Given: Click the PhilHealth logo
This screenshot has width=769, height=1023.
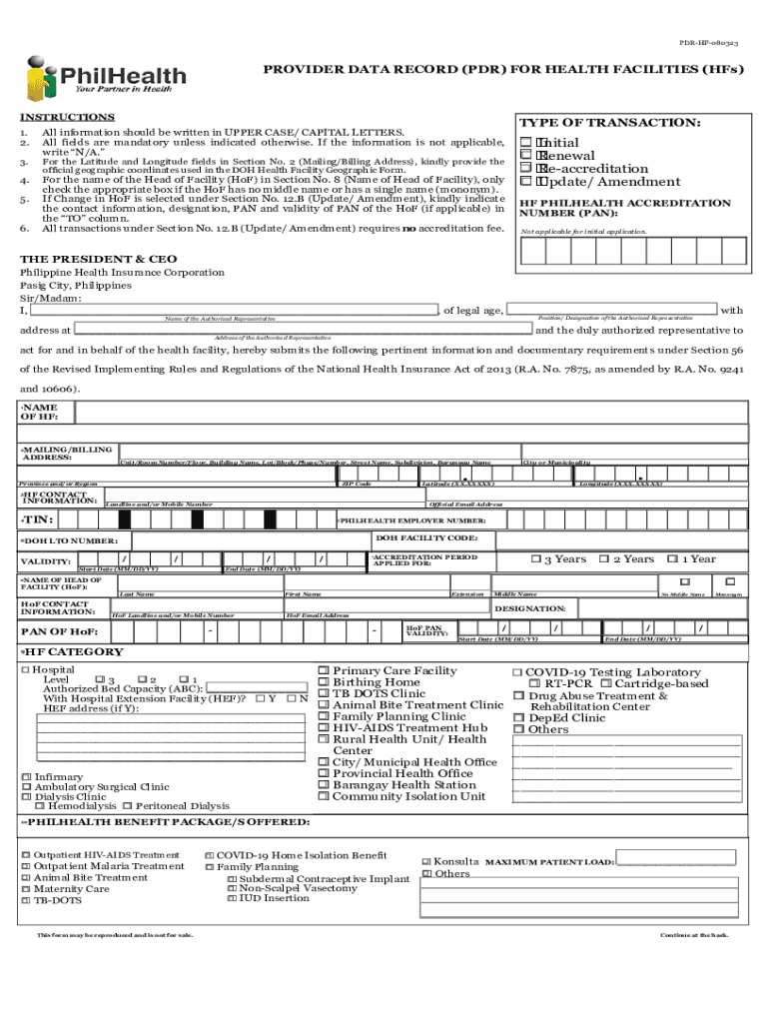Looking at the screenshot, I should tap(105, 79).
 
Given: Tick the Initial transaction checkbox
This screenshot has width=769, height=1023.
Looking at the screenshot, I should tap(525, 143).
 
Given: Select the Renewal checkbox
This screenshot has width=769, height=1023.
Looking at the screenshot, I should tap(525, 156).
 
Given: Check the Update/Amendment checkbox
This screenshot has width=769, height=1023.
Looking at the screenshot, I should tap(525, 182).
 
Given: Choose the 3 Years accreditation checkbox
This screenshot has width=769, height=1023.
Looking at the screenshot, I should tap(536, 559).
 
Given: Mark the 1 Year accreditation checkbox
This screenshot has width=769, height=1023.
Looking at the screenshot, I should tap(673, 559).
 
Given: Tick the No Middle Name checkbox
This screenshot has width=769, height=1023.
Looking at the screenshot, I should tap(685, 581).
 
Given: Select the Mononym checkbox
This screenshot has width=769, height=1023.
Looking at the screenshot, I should tap(731, 581).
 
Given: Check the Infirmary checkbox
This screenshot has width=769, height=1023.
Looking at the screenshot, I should tap(26, 777).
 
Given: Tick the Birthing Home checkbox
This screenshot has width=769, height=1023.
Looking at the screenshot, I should tap(324, 682).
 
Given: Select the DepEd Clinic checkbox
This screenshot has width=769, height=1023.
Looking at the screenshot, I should tap(519, 717).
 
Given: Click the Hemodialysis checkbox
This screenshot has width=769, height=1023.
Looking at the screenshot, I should tap(40, 806).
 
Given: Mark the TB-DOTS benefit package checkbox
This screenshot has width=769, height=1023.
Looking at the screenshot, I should tap(26, 900).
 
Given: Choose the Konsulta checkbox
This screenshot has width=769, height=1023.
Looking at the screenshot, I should tap(426, 861).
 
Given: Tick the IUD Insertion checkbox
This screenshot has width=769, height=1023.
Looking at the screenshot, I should tap(232, 898).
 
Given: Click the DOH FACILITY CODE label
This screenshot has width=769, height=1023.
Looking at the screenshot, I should tap(419, 538).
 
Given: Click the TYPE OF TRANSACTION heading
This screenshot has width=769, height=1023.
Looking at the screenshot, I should tap(610, 122).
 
